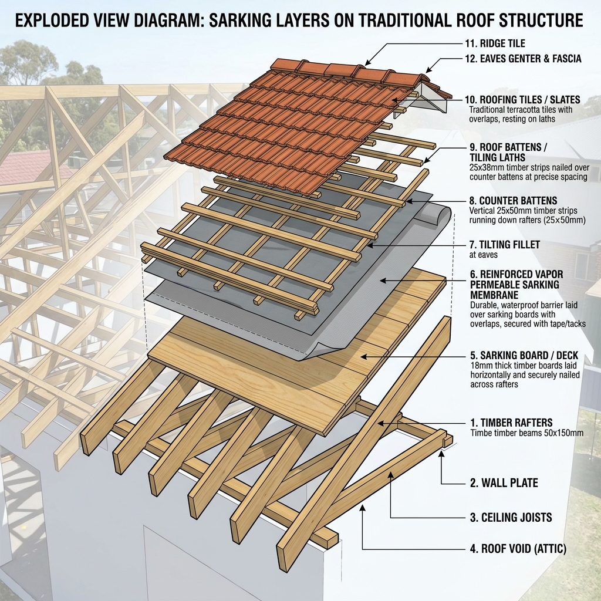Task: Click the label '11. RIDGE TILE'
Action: [x=495, y=43]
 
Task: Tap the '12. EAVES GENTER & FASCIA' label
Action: [x=523, y=59]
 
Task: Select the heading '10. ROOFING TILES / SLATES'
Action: [x=522, y=100]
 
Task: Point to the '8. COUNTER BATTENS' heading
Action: [x=513, y=201]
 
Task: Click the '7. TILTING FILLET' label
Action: [x=504, y=245]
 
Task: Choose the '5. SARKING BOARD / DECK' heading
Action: [x=524, y=355]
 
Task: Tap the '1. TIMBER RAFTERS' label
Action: [x=511, y=423]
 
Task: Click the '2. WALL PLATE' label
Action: [x=504, y=482]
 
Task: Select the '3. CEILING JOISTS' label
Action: [x=511, y=518]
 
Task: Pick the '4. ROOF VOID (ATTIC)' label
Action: [x=518, y=549]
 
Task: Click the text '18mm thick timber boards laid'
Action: [x=523, y=366]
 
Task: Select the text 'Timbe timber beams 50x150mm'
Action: [x=526, y=433]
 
